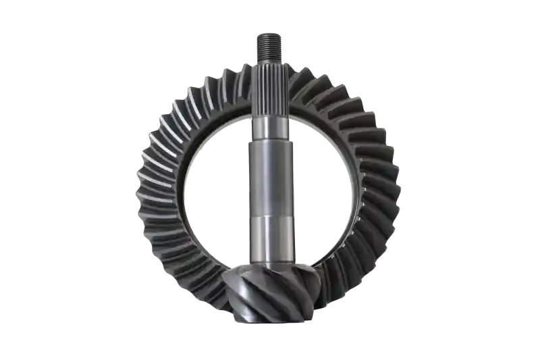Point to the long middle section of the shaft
pos(269,176)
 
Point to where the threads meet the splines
pos(269,59)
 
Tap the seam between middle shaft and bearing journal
pos(269,216)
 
